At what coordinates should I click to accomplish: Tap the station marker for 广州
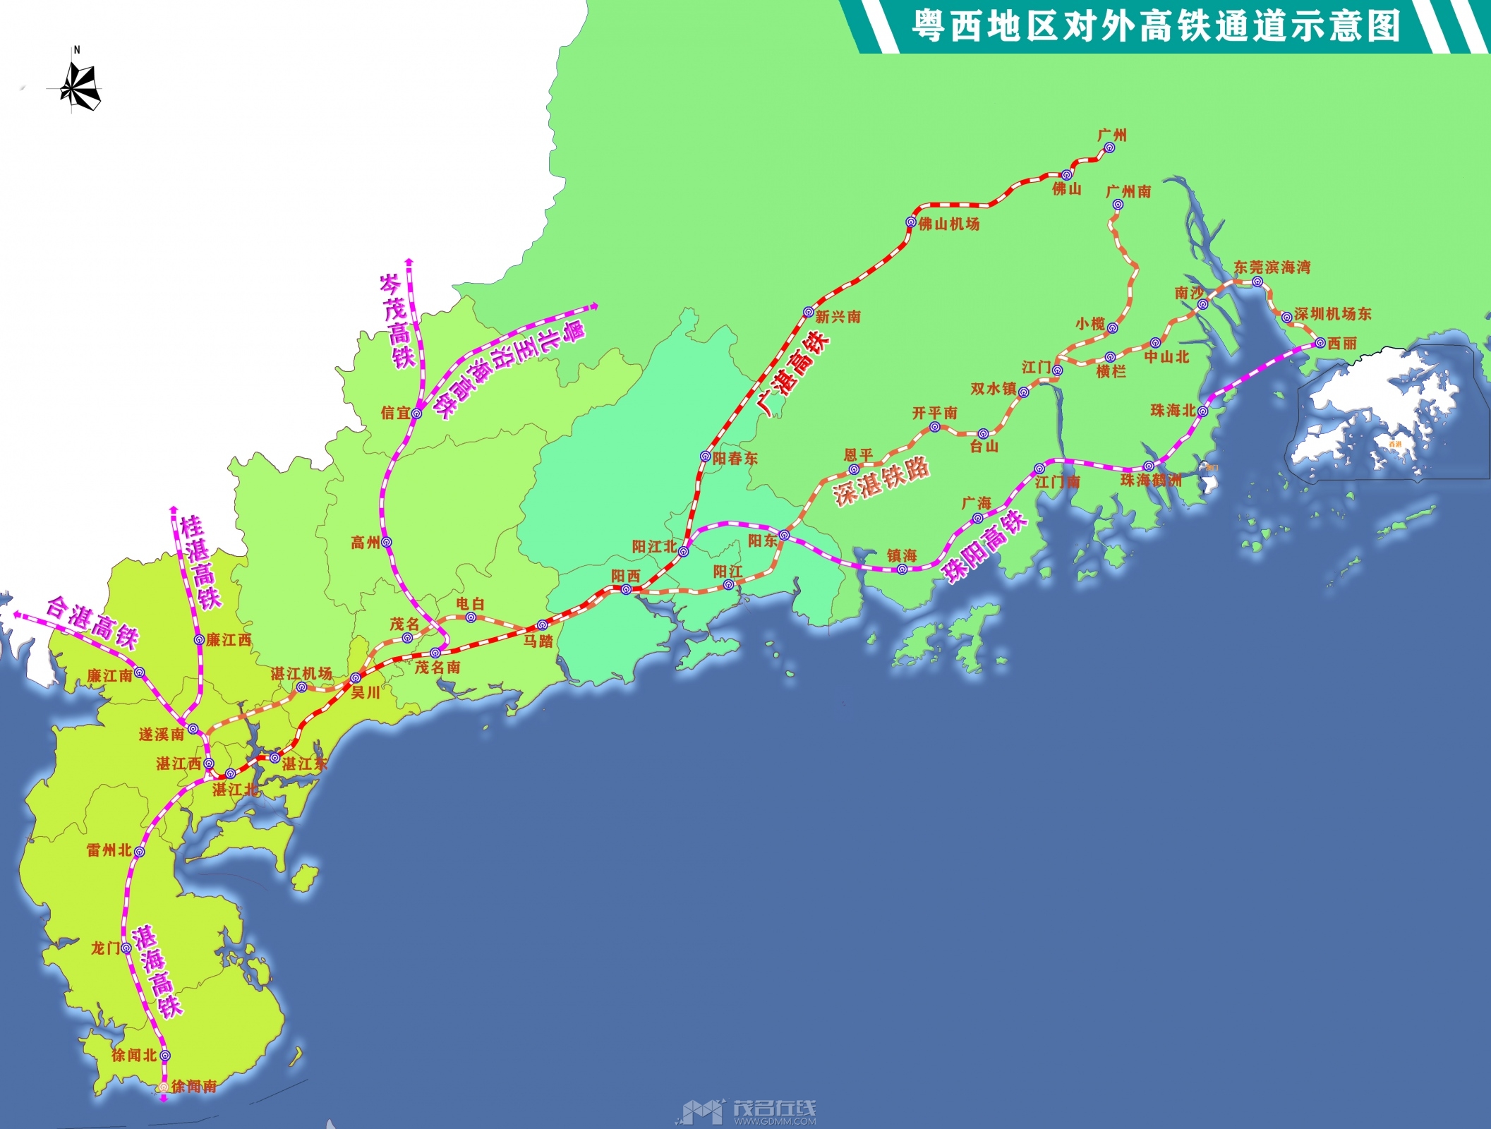click(1109, 148)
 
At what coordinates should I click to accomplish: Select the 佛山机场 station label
click(949, 224)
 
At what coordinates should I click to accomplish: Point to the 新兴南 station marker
click(809, 312)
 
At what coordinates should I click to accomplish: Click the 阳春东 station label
click(735, 459)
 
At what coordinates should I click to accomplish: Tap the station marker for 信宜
click(416, 413)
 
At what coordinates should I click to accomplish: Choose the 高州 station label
click(365, 543)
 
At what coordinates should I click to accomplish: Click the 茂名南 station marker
click(435, 653)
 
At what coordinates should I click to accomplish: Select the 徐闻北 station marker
click(165, 1056)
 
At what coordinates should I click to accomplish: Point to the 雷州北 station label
click(109, 850)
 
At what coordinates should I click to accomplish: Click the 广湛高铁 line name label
click(793, 373)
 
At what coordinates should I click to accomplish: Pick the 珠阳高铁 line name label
click(986, 546)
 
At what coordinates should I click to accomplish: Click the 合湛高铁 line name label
click(92, 622)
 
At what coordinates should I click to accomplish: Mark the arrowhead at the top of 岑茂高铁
click(409, 262)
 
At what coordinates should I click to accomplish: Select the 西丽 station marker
click(1320, 343)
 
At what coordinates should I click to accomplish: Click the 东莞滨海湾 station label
click(1272, 267)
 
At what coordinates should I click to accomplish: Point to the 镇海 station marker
click(902, 569)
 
